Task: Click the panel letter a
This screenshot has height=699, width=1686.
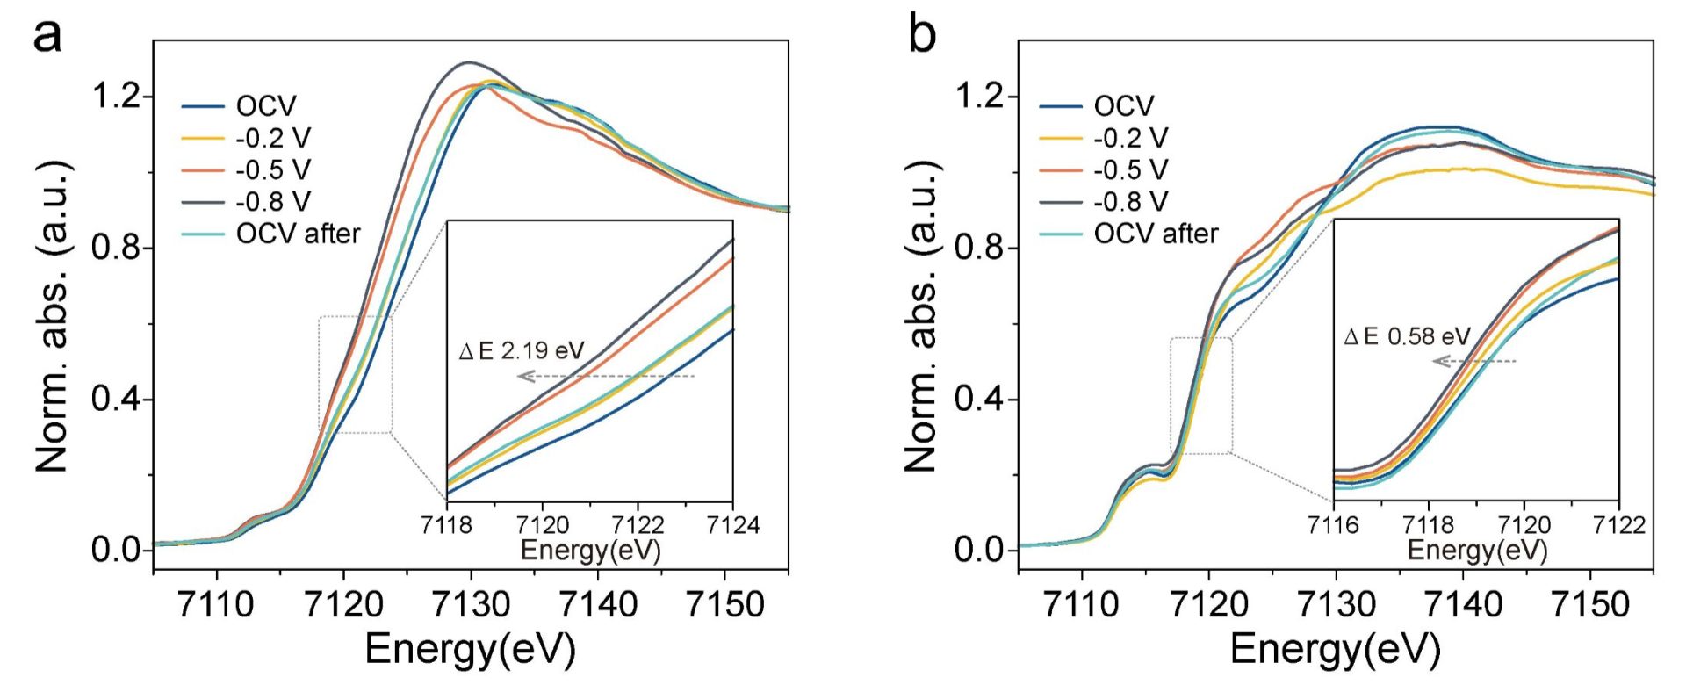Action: click(x=47, y=37)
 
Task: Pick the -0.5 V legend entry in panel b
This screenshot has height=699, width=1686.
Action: click(x=1131, y=169)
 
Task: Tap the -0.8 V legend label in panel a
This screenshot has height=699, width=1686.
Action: click(x=273, y=202)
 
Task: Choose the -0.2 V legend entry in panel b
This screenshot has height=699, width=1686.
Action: click(x=1131, y=138)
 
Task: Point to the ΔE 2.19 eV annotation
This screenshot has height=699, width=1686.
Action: click(x=522, y=351)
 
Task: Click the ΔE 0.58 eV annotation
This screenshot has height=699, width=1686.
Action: click(x=1407, y=336)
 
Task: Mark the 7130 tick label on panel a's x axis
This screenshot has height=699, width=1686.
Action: click(x=471, y=604)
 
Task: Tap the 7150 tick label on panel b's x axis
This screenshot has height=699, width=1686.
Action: click(x=1589, y=604)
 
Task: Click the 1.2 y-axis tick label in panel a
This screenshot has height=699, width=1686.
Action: click(x=117, y=96)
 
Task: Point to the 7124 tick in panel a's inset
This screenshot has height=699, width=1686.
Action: click(x=732, y=525)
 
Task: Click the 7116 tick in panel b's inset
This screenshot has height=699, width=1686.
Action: click(x=1333, y=525)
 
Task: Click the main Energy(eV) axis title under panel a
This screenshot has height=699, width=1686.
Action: click(x=470, y=650)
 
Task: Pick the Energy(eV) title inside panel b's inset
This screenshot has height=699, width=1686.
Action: click(x=1477, y=550)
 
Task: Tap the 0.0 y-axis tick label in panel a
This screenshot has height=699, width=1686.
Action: click(x=117, y=551)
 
